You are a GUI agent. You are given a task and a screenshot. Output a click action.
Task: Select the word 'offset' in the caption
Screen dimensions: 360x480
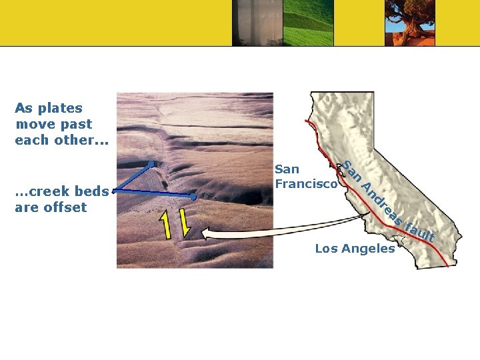coord(66,207)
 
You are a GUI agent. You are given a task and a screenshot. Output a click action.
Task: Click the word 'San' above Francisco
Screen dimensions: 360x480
coord(287,169)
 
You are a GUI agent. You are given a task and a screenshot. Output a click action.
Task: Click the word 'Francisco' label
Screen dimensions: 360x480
coord(306,183)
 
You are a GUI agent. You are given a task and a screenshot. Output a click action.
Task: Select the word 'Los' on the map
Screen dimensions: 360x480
coord(326,249)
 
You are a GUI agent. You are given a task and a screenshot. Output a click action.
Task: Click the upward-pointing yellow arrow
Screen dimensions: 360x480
coord(165,223)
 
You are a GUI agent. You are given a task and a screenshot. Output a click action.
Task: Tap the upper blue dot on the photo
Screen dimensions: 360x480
coord(151,163)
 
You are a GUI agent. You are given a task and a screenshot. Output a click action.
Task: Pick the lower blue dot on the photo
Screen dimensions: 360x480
coord(193,197)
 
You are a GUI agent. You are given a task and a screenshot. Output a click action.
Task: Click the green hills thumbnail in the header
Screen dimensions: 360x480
coord(308,23)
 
